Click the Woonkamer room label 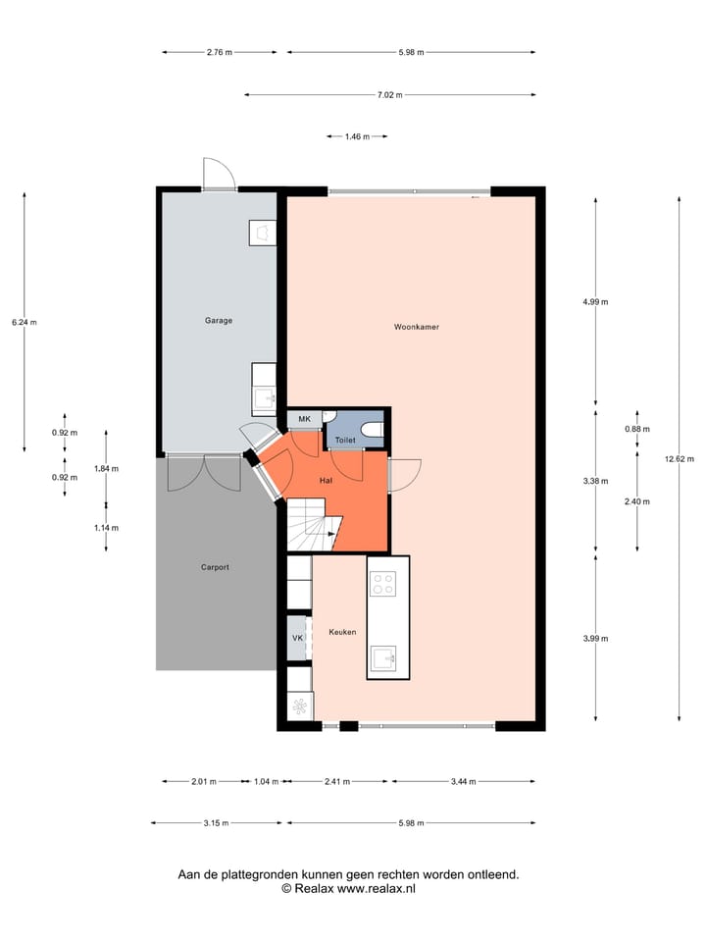pyautogui.click(x=416, y=327)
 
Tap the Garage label pyautogui.click(x=218, y=321)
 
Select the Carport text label pyautogui.click(x=215, y=567)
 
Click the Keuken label pyautogui.click(x=342, y=633)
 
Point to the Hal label pyautogui.click(x=327, y=480)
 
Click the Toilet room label pyautogui.click(x=345, y=441)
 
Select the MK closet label pyautogui.click(x=304, y=420)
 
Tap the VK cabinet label pyautogui.click(x=297, y=639)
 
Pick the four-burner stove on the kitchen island pyautogui.click(x=382, y=584)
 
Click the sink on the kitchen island pyautogui.click(x=382, y=656)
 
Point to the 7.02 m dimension pyautogui.click(x=390, y=95)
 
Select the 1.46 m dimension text pyautogui.click(x=357, y=137)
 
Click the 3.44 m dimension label pyautogui.click(x=464, y=782)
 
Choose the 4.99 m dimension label pyautogui.click(x=595, y=302)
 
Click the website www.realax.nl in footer pyautogui.click(x=377, y=888)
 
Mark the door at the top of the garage pyautogui.click(x=219, y=175)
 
